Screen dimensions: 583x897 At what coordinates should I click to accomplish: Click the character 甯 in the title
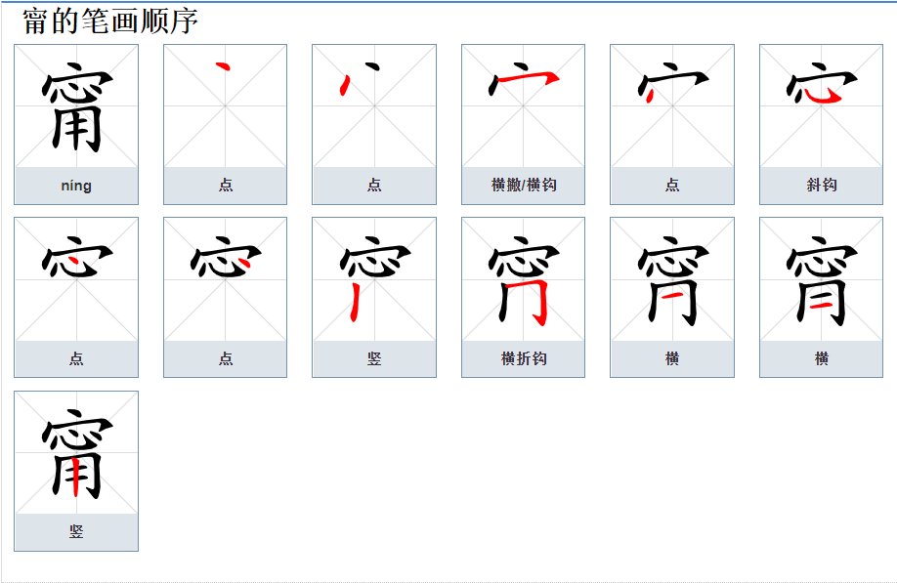point(36,21)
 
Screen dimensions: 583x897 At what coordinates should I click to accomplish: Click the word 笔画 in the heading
point(99,21)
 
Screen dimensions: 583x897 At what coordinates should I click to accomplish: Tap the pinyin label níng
point(76,186)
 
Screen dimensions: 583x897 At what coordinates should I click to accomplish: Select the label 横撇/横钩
point(524,186)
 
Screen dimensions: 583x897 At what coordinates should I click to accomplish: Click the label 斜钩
point(822,186)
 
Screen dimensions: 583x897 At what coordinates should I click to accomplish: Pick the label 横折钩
point(524,358)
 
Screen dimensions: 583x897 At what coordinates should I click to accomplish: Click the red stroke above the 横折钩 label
point(535,294)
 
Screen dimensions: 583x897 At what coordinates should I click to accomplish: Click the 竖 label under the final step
point(76,531)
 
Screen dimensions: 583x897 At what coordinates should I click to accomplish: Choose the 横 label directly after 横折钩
point(672,358)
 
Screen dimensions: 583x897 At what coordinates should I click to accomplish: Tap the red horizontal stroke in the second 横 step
point(821,305)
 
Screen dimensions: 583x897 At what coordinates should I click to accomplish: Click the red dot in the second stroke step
point(345,85)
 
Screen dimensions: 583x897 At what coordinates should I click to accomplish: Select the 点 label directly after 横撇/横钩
point(672,186)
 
